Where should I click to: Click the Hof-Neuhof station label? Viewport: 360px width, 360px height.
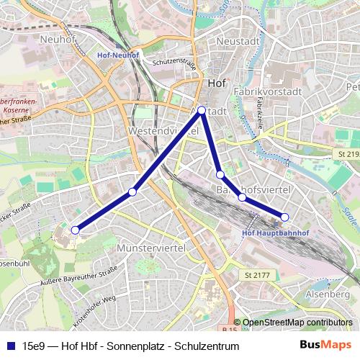tap(117, 54)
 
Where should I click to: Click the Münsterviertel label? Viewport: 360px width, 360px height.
tap(150, 248)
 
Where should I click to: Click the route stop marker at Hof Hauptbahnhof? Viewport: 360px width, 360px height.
tap(284, 217)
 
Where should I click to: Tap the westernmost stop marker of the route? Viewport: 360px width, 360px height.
tap(75, 230)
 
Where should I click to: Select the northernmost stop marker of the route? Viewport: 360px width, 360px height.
tap(202, 110)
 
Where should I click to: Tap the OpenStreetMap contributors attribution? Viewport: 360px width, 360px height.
tap(297, 323)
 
